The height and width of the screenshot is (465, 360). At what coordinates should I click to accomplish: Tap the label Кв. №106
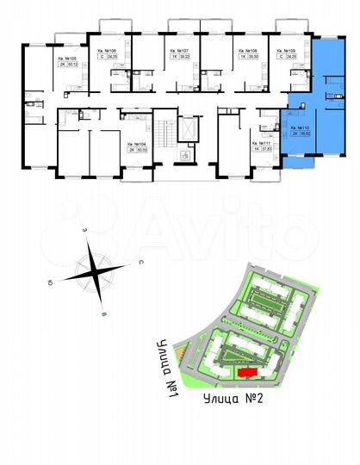tap(107, 52)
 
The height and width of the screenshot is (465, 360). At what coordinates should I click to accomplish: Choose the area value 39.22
tap(172, 58)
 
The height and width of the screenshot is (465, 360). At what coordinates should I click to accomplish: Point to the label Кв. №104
tap(135, 144)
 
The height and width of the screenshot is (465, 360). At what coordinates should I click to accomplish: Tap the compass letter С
tap(140, 260)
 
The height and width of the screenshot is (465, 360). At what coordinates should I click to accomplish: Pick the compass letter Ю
tap(52, 281)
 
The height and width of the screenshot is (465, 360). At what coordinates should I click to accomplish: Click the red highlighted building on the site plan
tap(247, 372)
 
